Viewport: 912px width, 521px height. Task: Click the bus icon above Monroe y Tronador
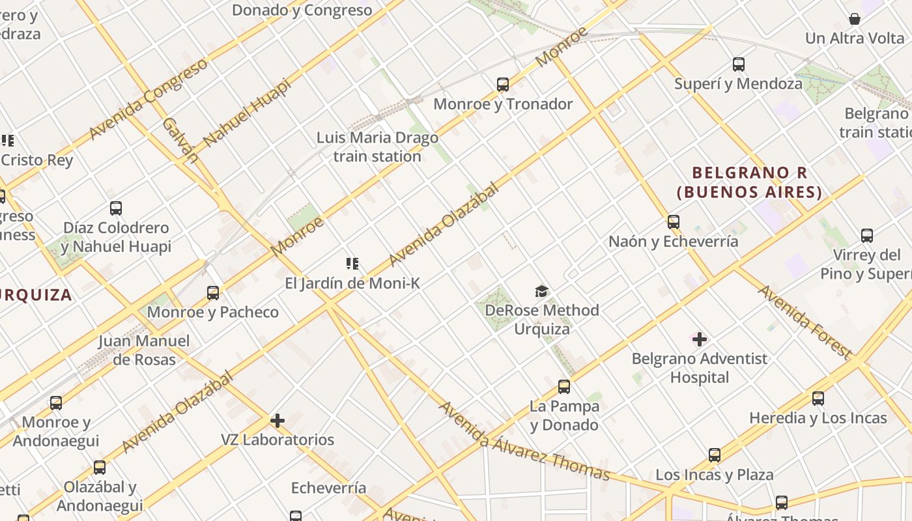(502, 84)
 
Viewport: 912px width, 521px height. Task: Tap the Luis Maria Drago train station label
(377, 147)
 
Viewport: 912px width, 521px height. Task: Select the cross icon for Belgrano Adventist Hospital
(700, 339)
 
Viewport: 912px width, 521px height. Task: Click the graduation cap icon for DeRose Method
(541, 291)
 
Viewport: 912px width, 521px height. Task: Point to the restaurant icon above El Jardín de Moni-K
(352, 264)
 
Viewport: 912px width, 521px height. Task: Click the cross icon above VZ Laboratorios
(278, 421)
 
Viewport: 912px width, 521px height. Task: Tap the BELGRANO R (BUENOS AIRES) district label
(749, 182)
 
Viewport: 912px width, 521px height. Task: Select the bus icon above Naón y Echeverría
(674, 222)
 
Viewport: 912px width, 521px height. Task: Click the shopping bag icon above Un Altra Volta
(855, 19)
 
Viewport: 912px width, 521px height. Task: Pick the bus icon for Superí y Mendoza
(738, 64)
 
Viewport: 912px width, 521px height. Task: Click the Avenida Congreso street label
(148, 99)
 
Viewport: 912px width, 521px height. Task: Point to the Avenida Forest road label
(805, 322)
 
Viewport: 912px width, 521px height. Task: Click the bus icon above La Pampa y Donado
(564, 387)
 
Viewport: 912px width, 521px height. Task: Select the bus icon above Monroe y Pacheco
(213, 293)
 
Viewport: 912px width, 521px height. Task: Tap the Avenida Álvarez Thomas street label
(524, 442)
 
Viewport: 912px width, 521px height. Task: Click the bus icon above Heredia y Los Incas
(818, 399)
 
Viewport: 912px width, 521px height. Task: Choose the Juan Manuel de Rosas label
(144, 350)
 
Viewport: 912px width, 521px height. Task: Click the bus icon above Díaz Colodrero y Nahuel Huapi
(116, 208)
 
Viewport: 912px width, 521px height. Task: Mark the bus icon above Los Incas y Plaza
(715, 455)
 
